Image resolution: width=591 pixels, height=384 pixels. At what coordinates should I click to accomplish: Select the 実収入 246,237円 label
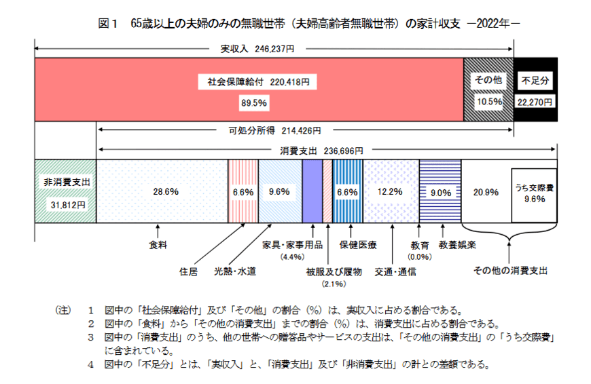pyautogui.click(x=257, y=49)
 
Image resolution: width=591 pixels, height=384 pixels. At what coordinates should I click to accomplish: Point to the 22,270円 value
pyautogui.click(x=535, y=101)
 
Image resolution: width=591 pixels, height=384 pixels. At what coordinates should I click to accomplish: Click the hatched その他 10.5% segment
pyautogui.click(x=488, y=90)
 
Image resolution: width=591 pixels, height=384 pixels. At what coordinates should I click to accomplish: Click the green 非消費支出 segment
pyautogui.click(x=65, y=192)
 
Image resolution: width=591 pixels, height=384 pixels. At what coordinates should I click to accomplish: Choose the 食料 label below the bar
pyautogui.click(x=158, y=244)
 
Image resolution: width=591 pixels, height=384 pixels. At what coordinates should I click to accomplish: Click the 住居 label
pyautogui.click(x=188, y=272)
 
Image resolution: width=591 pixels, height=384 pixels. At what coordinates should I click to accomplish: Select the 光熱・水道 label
pyautogui.click(x=235, y=272)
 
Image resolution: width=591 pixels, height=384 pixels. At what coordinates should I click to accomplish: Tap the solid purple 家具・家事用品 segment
pyautogui.click(x=312, y=192)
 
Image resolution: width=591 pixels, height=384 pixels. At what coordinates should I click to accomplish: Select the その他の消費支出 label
pyautogui.click(x=511, y=270)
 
